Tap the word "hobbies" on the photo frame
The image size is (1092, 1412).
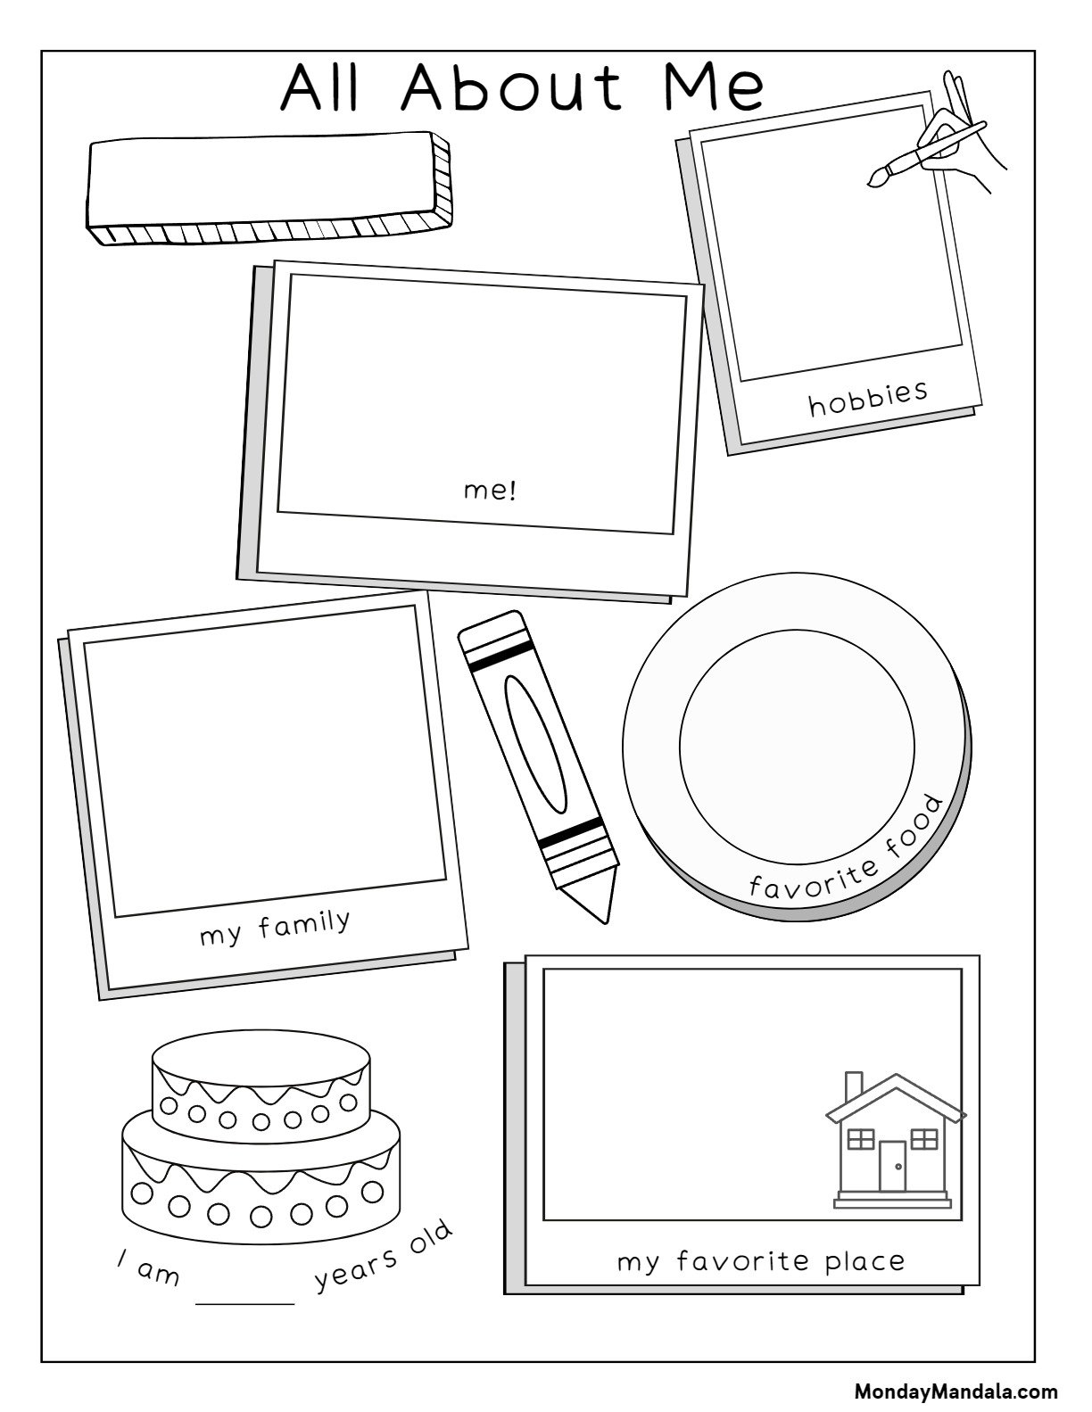point(868,398)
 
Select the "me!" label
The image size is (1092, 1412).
point(491,491)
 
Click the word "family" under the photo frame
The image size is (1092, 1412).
point(304,925)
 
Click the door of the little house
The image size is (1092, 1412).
point(892,1166)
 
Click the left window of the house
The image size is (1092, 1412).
point(861,1139)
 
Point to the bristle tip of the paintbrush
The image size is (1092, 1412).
point(874,180)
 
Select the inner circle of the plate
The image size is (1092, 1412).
point(797,746)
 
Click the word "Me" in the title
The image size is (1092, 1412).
point(715,87)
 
